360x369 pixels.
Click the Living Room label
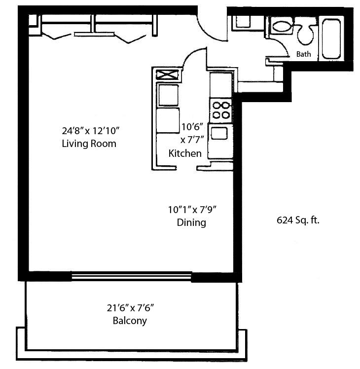coord(89,144)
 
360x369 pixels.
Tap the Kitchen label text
coord(185,153)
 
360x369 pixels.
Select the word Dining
coord(191,222)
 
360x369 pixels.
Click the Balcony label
coord(130,321)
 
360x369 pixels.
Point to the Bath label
coord(303,54)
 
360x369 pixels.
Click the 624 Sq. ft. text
coord(298,221)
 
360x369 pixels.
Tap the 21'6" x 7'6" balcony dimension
coord(130,308)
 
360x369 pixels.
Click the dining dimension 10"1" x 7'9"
coord(192,210)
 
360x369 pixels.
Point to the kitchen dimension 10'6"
coord(192,127)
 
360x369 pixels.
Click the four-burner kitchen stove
coord(221,110)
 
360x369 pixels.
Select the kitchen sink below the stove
coord(219,133)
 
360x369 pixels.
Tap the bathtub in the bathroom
coord(331,39)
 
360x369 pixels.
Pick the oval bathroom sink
coord(281,26)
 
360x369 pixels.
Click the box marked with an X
coord(167,75)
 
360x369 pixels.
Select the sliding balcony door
coord(131,276)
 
